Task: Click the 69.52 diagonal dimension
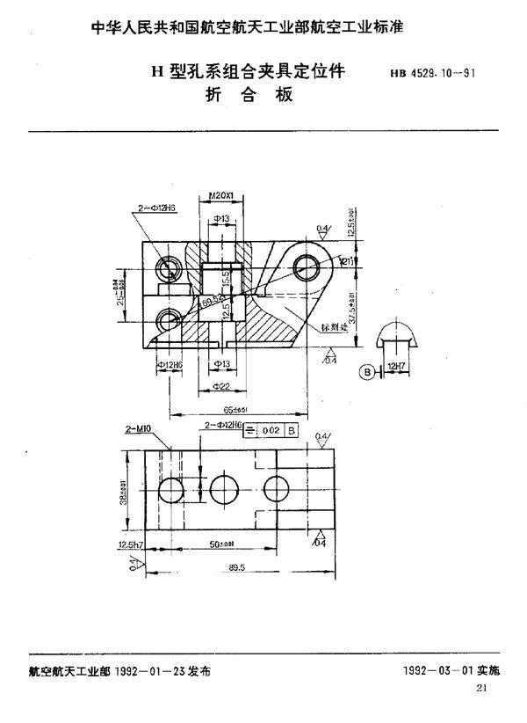tap(213, 303)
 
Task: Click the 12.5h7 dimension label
tap(129, 544)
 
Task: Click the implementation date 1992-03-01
tap(432, 670)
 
